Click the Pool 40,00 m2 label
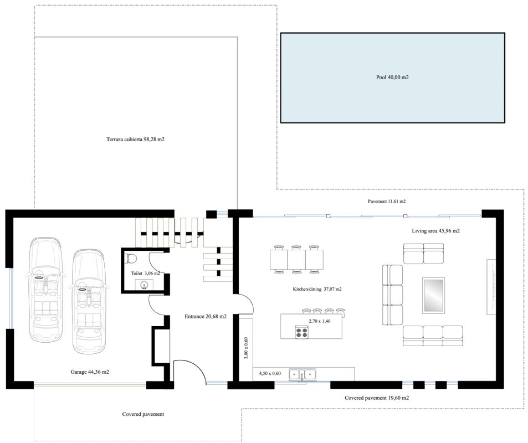coord(392,78)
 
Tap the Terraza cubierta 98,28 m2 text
coord(135,139)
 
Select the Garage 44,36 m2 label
coord(90,372)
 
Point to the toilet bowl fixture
coord(131,259)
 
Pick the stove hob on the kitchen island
coord(302,332)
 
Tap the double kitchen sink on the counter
coord(303,374)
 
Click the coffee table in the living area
coord(434,295)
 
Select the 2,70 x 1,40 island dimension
coord(320,321)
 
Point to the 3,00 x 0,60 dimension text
coord(246,348)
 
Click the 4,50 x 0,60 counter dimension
coord(270,373)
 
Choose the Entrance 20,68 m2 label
coord(206,316)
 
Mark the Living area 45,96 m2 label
coord(435,231)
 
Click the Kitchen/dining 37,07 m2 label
coord(317,289)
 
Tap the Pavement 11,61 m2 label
coord(387,202)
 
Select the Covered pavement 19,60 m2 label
coord(376,398)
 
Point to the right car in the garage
coord(89,302)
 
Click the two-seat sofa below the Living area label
coord(424,254)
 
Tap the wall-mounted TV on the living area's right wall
coord(491,287)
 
